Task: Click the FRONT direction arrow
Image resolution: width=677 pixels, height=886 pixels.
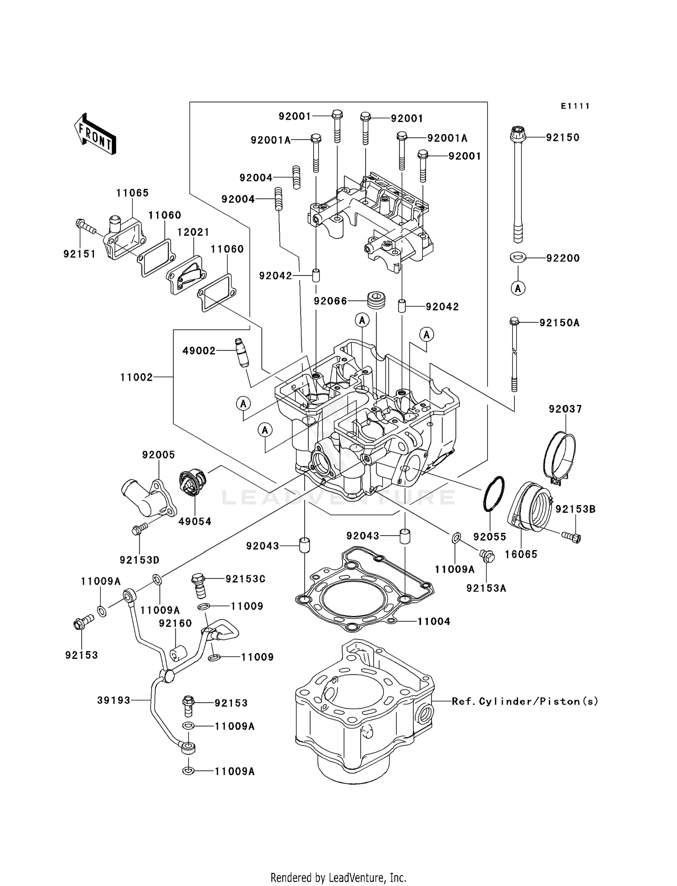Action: pos(95,134)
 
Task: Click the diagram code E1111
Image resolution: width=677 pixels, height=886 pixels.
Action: pos(575,106)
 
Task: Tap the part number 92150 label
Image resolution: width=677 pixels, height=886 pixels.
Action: pos(562,137)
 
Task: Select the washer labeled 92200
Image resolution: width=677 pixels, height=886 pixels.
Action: pos(518,258)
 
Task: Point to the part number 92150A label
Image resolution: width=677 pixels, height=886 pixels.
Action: pos(560,323)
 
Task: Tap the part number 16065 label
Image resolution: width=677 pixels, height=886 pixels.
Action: pos(521,554)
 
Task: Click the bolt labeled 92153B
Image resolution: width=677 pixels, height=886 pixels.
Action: pos(571,536)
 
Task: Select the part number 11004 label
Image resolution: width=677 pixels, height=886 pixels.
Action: pos(434,621)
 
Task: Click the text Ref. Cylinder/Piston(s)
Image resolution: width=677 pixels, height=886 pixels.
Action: pos(525,701)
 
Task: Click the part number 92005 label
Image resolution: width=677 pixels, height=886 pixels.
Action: pos(158,455)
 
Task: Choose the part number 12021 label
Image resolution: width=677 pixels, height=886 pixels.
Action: pos(193,232)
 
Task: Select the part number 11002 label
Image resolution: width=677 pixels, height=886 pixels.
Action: pos(136,377)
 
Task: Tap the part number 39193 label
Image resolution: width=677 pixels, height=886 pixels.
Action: pos(114,700)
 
